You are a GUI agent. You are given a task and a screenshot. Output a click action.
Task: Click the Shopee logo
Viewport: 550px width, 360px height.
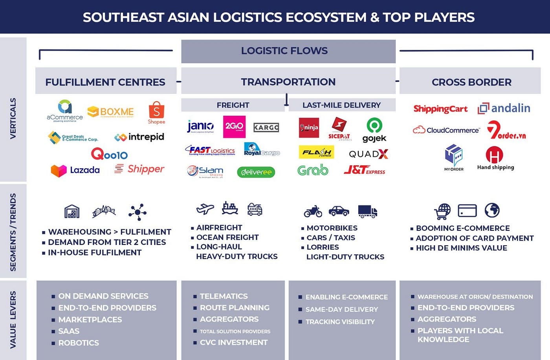coord(156,113)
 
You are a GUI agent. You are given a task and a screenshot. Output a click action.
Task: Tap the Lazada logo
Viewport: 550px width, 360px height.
coord(75,170)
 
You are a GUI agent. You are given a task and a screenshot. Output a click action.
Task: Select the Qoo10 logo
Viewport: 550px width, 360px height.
coord(109,154)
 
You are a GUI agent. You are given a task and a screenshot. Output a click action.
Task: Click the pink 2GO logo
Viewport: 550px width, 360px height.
coord(234,126)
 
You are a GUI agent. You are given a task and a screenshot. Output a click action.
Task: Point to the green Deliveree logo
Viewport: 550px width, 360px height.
coord(256,172)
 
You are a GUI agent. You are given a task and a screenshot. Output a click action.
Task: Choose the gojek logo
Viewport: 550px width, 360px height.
coord(374,130)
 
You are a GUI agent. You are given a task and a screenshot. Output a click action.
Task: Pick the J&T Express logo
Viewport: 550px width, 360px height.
coord(364,170)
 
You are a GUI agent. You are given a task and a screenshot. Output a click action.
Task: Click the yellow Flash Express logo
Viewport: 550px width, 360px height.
coord(316,152)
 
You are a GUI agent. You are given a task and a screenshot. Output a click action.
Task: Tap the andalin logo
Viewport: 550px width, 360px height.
coord(504,108)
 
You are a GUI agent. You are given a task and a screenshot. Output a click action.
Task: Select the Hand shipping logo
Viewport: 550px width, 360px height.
coord(495,158)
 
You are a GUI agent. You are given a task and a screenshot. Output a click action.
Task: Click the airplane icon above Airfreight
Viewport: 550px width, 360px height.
coord(205,209)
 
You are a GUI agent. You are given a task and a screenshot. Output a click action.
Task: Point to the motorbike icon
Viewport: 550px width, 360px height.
coord(313,211)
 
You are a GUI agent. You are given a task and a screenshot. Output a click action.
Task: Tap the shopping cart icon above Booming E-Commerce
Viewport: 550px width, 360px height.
coord(442,211)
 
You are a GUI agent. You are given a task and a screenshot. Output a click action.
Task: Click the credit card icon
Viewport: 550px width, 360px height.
coord(467,211)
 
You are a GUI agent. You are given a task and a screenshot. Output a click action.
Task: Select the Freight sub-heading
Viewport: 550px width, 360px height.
coord(233,105)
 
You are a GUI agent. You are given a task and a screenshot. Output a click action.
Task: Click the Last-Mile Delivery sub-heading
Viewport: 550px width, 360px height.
coord(341,105)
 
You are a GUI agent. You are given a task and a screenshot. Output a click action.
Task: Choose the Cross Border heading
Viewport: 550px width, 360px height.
coord(471,82)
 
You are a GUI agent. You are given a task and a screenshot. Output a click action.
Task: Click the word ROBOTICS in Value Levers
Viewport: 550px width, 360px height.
coord(79,343)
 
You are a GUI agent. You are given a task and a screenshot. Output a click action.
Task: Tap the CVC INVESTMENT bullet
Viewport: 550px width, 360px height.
coord(233,342)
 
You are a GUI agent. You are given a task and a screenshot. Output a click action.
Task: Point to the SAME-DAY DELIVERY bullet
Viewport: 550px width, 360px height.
coord(341,309)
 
